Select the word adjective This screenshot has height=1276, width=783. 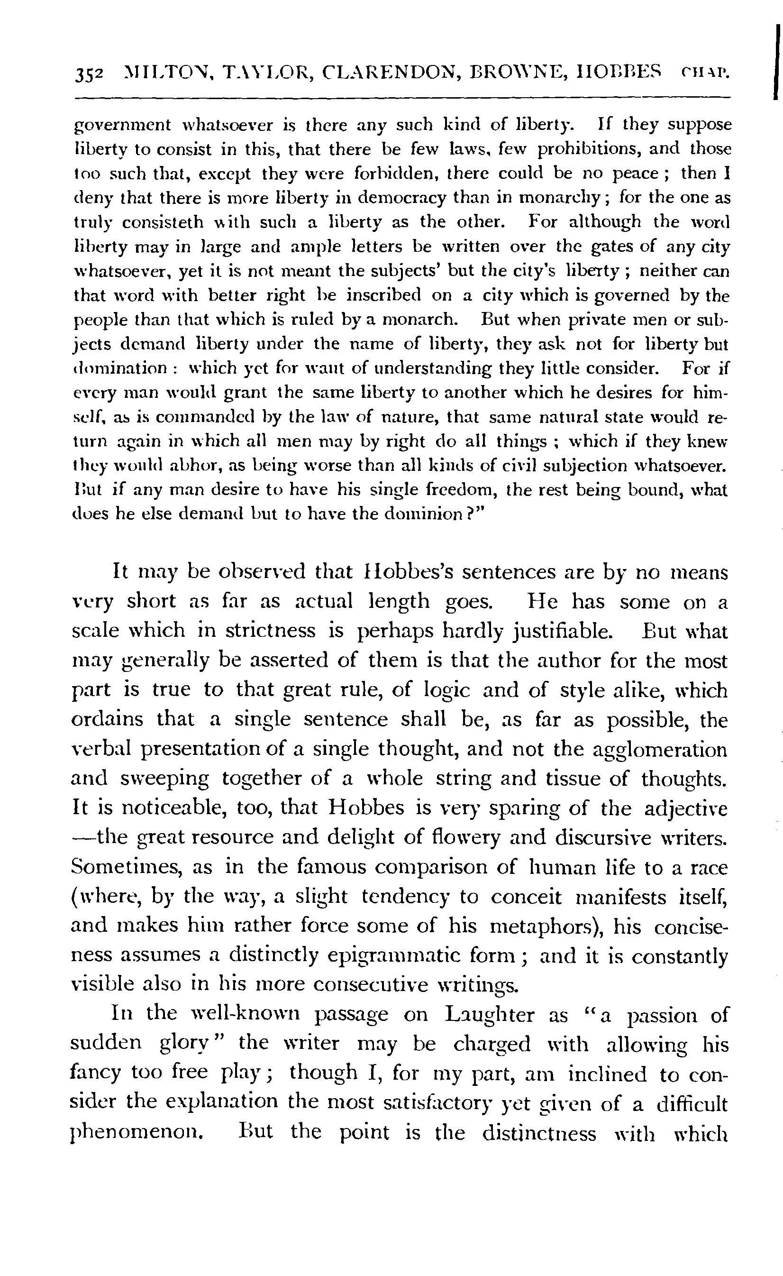[686, 809]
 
